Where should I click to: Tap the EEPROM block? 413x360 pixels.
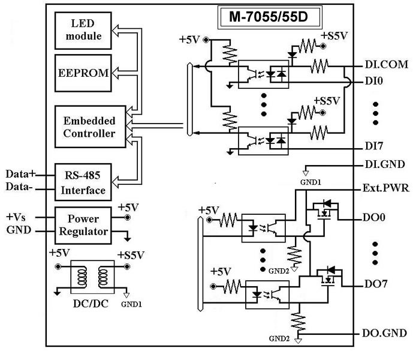pyautogui.click(x=83, y=73)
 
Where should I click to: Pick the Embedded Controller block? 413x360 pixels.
pyautogui.click(x=89, y=125)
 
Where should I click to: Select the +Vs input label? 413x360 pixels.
pyautogui.click(x=18, y=216)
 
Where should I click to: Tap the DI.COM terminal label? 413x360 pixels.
pyautogui.click(x=385, y=64)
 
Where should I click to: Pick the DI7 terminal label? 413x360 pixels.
pyautogui.click(x=375, y=146)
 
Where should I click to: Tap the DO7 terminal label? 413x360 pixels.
pyautogui.click(x=376, y=284)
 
